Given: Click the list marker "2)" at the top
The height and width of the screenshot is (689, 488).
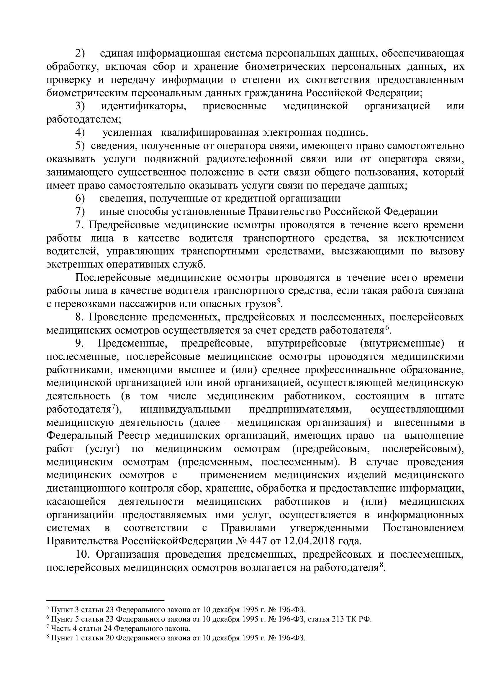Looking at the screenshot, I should click(80, 53).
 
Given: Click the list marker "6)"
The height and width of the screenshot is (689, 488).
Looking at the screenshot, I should click(80, 199).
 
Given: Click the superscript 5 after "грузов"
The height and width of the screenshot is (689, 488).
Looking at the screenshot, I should click(278, 301).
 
